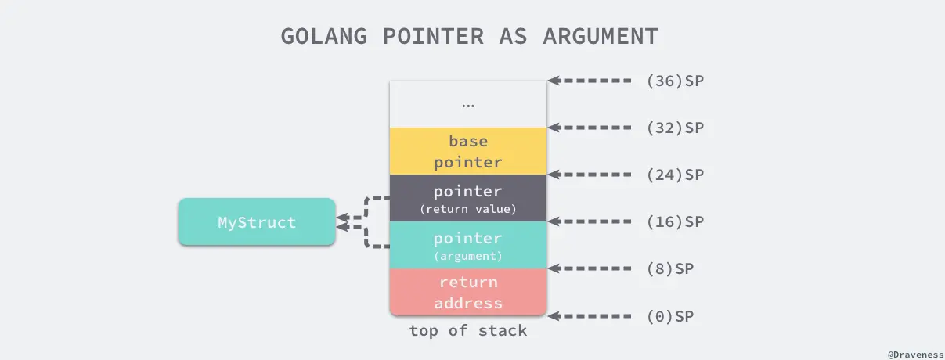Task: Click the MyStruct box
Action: (257, 222)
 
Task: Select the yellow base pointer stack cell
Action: (468, 151)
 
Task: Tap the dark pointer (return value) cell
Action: (468, 199)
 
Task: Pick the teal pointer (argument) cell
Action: (468, 245)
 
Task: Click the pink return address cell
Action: (468, 292)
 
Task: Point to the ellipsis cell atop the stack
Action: (468, 104)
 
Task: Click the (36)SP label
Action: (676, 81)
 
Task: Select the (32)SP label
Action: (676, 128)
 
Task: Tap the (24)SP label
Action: (676, 175)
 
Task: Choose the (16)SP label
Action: (676, 221)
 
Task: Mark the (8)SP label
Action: (670, 268)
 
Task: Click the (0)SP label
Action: (670, 316)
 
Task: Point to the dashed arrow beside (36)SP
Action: (590, 81)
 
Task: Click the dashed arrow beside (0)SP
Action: (590, 316)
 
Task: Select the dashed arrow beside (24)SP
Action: (590, 175)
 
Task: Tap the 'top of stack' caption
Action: (468, 331)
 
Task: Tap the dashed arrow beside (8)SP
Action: (590, 268)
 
